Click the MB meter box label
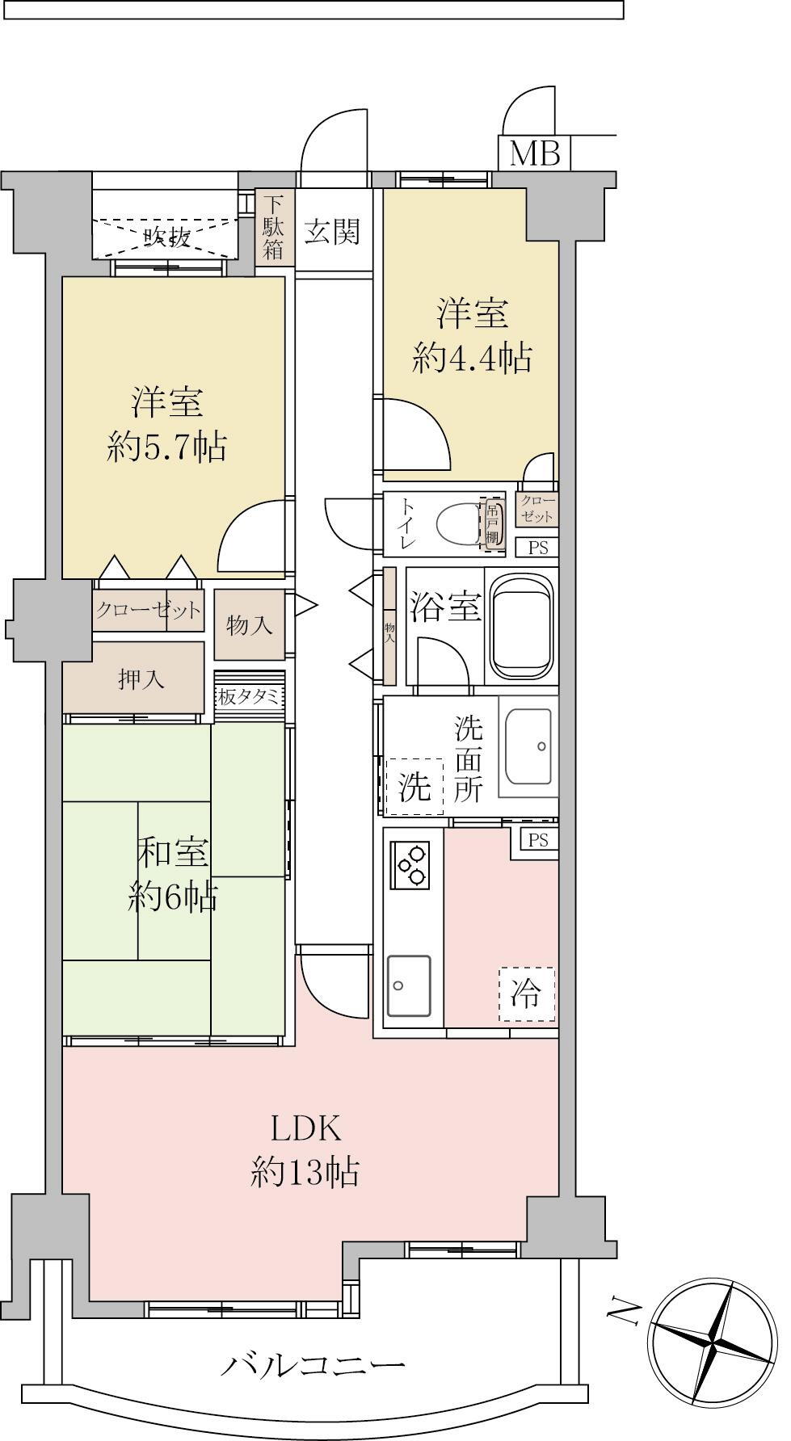point(535,153)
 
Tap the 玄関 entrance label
point(332,233)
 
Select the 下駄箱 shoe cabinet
point(273,226)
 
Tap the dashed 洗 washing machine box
point(414,786)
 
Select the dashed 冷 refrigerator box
point(527,994)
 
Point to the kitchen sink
point(409,985)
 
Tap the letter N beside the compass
point(621,1307)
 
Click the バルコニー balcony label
point(313,1367)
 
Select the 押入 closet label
point(142,679)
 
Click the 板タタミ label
point(249,696)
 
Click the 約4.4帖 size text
point(472,358)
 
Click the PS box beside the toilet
point(537,547)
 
